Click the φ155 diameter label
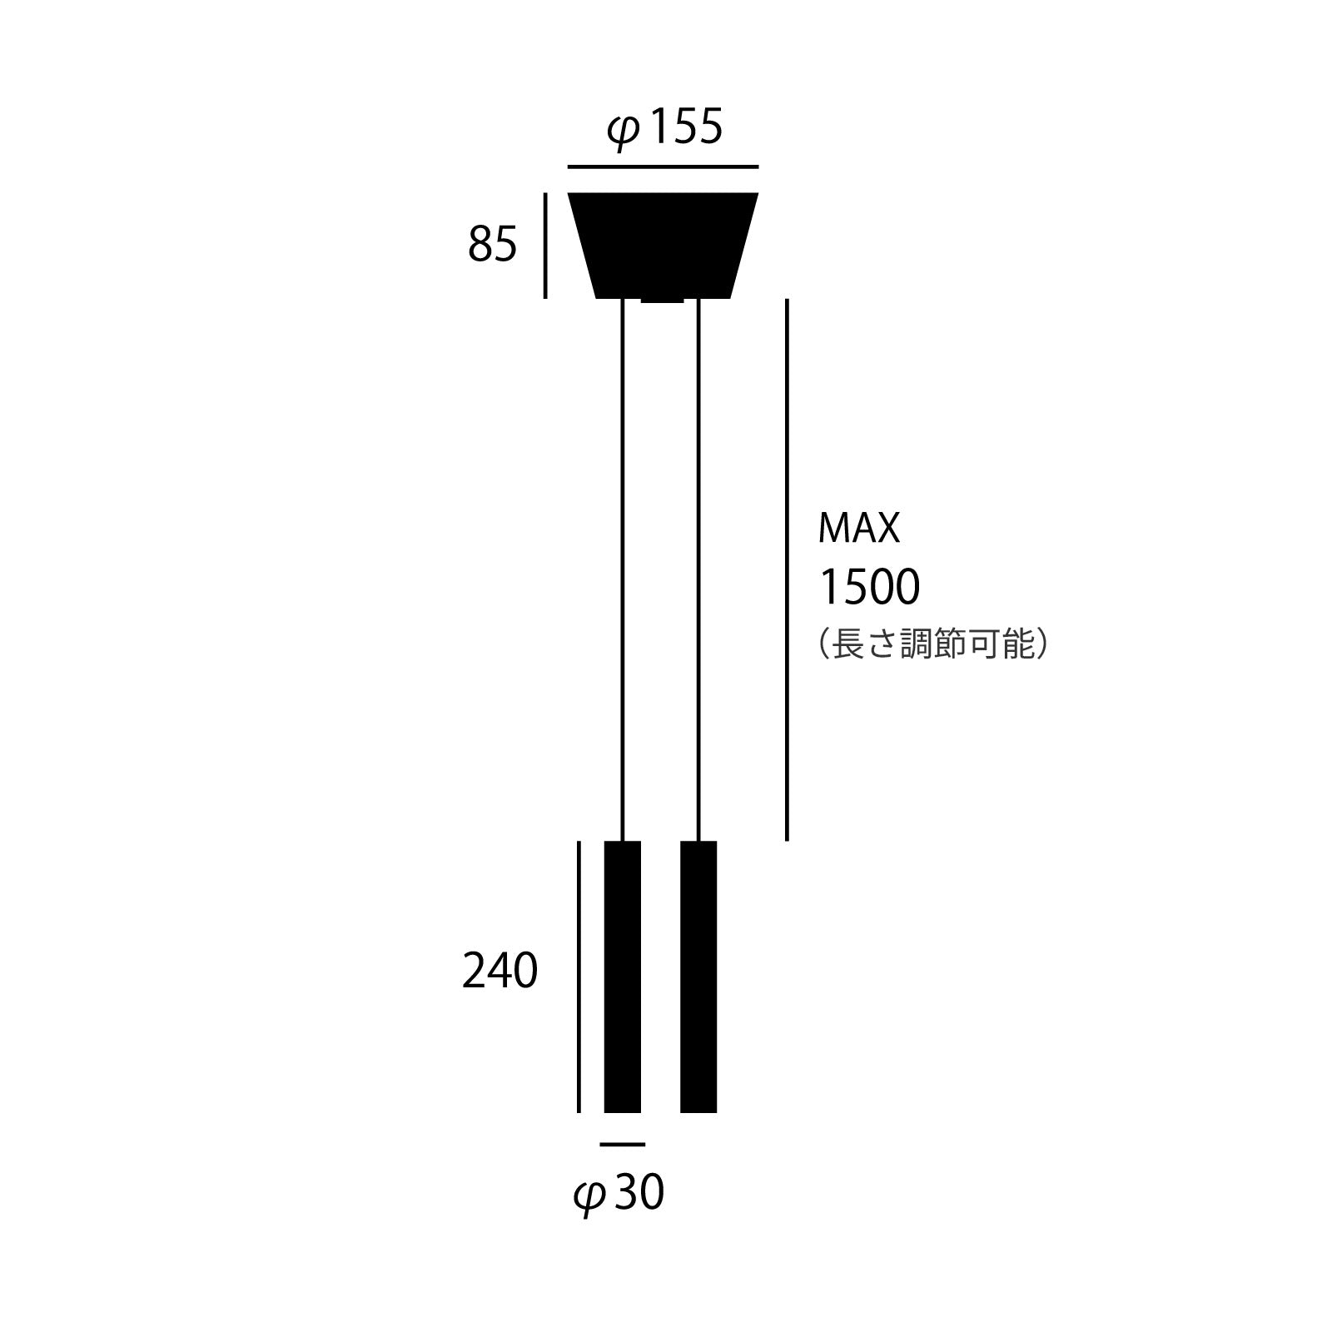[x=665, y=129]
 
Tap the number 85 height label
[x=492, y=245]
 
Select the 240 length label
[x=499, y=971]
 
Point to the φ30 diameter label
[x=619, y=1193]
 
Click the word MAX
[x=859, y=528]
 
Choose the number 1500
[x=870, y=586]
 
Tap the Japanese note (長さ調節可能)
[x=932, y=644]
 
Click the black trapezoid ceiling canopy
[x=663, y=245]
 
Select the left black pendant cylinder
[x=623, y=977]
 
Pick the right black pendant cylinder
[x=698, y=977]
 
